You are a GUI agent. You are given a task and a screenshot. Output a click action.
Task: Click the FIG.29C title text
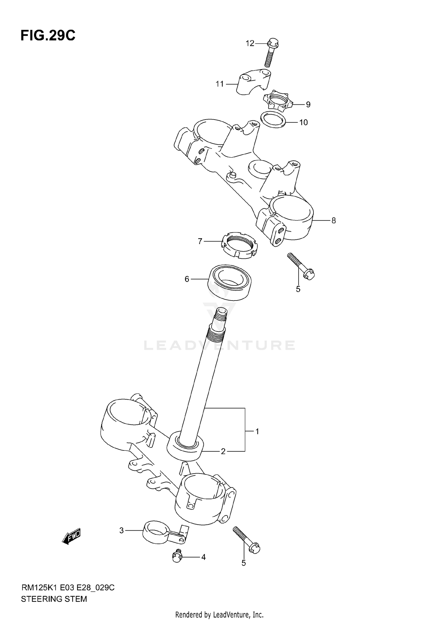click(48, 36)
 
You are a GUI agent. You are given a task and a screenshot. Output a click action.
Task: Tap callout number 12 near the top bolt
click(250, 44)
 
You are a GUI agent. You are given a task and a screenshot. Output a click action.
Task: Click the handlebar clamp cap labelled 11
click(253, 82)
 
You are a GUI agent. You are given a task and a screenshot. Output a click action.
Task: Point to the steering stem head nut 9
click(277, 101)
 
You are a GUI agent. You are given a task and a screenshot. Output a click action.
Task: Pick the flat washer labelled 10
click(273, 119)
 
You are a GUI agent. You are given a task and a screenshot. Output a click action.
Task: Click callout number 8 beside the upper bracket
click(333, 221)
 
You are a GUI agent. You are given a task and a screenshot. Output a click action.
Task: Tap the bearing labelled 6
click(230, 282)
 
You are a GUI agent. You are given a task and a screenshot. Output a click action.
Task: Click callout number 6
click(187, 279)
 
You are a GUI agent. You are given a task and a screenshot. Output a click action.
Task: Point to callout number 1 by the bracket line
click(257, 431)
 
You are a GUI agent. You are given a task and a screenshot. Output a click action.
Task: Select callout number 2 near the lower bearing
click(223, 452)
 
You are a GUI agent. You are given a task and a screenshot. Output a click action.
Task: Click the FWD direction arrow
click(71, 536)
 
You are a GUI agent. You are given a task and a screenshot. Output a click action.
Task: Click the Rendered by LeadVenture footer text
click(219, 614)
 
